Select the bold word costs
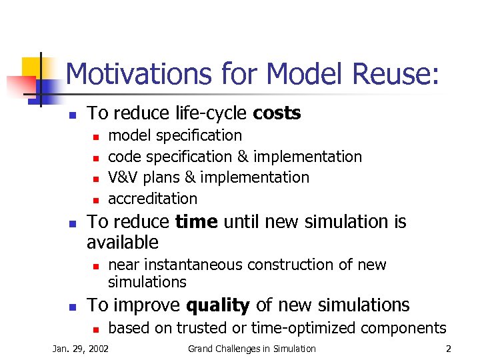point(277,113)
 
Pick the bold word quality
point(218,305)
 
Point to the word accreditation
point(153,199)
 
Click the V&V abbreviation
point(123,177)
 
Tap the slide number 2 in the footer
point(449,349)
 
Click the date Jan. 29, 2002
point(81,349)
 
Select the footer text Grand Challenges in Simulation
point(251,349)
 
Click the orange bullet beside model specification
point(95,137)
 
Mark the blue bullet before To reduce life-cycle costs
point(74,115)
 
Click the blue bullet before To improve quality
point(74,307)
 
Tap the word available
point(123,242)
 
